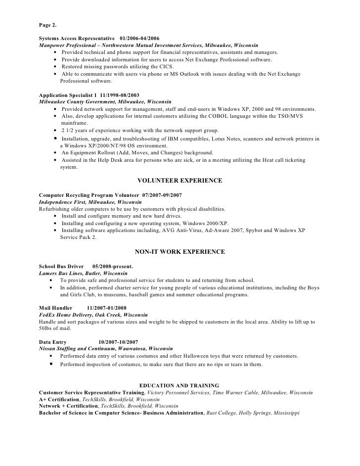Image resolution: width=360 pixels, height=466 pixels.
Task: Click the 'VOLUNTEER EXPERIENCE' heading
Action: coord(180,181)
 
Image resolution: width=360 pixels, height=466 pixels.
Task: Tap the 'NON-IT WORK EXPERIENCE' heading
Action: coord(180,252)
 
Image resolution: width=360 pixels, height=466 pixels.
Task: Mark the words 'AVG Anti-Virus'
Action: coord(170,230)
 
